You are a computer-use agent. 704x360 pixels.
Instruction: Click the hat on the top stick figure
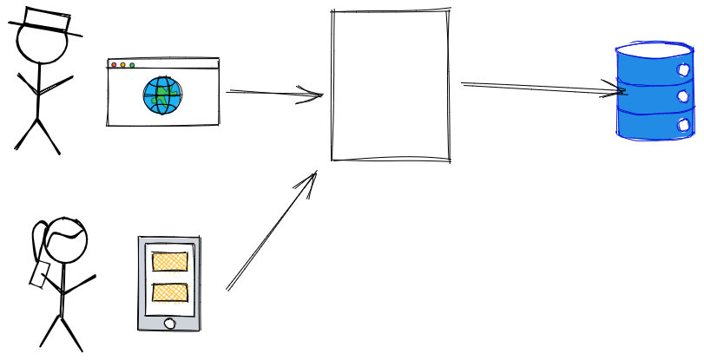coord(45,22)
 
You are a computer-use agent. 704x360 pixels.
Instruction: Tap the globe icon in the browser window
coord(162,95)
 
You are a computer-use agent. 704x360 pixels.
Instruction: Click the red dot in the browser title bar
coord(114,65)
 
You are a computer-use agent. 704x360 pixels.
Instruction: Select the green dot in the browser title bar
coord(132,65)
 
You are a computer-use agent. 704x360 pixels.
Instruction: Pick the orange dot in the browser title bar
coord(122,65)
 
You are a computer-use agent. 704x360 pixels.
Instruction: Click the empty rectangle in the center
coord(391,85)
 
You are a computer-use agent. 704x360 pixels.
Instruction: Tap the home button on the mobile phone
coord(169,324)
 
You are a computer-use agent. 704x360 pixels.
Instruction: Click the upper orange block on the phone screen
coord(170,261)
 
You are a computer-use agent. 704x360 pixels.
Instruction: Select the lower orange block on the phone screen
coord(170,292)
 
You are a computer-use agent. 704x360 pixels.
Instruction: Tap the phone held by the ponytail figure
coord(38,275)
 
